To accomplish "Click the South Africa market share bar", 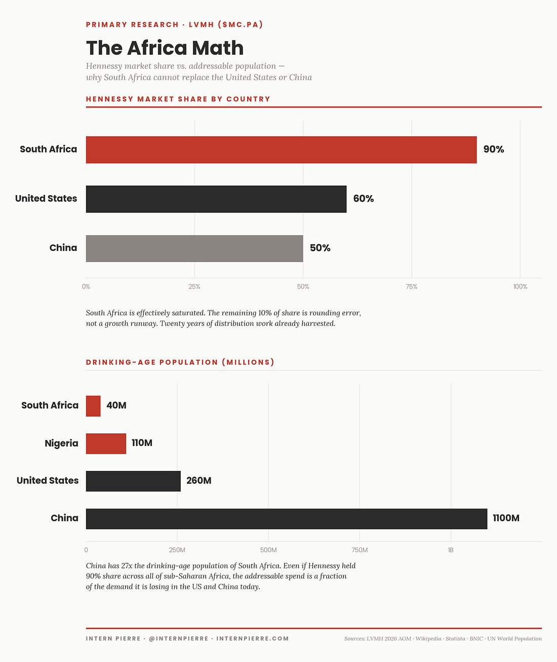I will tap(281, 150).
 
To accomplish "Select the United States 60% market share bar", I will tap(216, 199).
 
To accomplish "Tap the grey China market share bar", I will tap(194, 248).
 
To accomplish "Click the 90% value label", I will tap(493, 150).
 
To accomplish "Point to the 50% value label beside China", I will tap(320, 248).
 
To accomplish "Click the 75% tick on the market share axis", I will tap(411, 287).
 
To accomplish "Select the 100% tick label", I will tap(520, 287).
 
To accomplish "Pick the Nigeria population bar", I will tap(106, 444).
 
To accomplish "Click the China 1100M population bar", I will tap(287, 519).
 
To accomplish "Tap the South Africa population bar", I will tap(93, 406).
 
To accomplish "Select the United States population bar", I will tap(133, 481).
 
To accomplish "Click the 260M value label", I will tap(198, 481).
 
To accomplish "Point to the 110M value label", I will tap(142, 443).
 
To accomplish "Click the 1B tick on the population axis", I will tap(450, 550).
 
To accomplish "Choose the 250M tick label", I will tap(177, 550).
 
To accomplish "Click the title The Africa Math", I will tap(165, 48).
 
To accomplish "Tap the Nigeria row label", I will tap(61, 444).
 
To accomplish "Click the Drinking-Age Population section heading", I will tap(180, 362).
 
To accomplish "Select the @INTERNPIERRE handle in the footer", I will tap(178, 639).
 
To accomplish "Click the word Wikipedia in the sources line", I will tap(428, 639).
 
